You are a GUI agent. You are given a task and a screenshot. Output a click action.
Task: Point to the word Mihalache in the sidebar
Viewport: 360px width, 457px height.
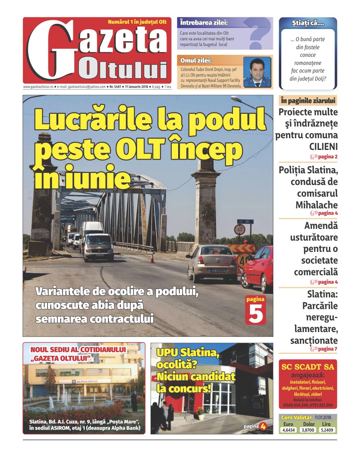click(x=316, y=205)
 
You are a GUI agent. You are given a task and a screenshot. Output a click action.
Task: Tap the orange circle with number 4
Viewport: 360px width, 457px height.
click(x=263, y=426)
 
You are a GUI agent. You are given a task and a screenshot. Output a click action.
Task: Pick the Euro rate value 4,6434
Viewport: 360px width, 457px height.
click(x=288, y=430)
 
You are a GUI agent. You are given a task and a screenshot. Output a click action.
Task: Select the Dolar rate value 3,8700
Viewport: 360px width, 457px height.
click(x=308, y=430)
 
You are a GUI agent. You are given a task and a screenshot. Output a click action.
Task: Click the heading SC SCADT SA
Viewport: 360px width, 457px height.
click(x=308, y=367)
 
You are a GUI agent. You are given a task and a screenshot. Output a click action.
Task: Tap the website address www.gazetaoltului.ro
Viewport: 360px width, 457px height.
click(x=38, y=87)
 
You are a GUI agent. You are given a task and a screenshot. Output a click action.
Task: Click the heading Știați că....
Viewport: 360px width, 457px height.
click(x=308, y=24)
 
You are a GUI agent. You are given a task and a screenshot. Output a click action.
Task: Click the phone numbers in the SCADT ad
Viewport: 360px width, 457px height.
click(x=308, y=405)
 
